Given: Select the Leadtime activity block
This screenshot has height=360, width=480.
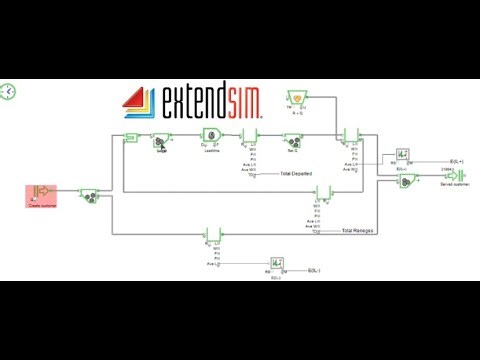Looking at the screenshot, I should coord(211,139).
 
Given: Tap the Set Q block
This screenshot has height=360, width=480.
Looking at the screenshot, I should coord(294,140).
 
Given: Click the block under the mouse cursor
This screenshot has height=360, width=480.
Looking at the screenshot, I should coord(160,141).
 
